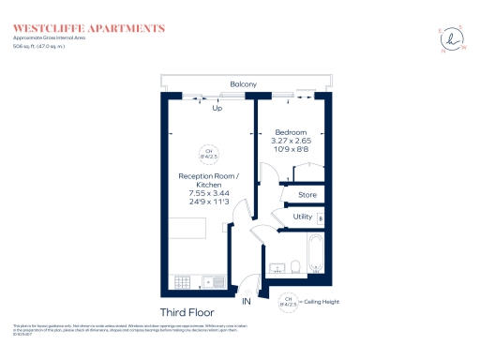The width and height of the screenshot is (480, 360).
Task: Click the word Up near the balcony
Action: (x=217, y=108)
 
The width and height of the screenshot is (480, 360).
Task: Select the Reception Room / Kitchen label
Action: (x=210, y=180)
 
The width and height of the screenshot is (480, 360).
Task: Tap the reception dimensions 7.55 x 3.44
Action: (x=210, y=190)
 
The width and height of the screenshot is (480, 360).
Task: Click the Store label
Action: (x=307, y=195)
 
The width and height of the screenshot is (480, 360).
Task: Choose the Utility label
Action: (x=302, y=217)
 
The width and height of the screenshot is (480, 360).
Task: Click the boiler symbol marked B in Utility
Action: (x=321, y=218)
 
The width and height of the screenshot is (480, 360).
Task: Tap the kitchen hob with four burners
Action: (x=182, y=280)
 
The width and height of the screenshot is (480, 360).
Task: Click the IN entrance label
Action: (x=247, y=303)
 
